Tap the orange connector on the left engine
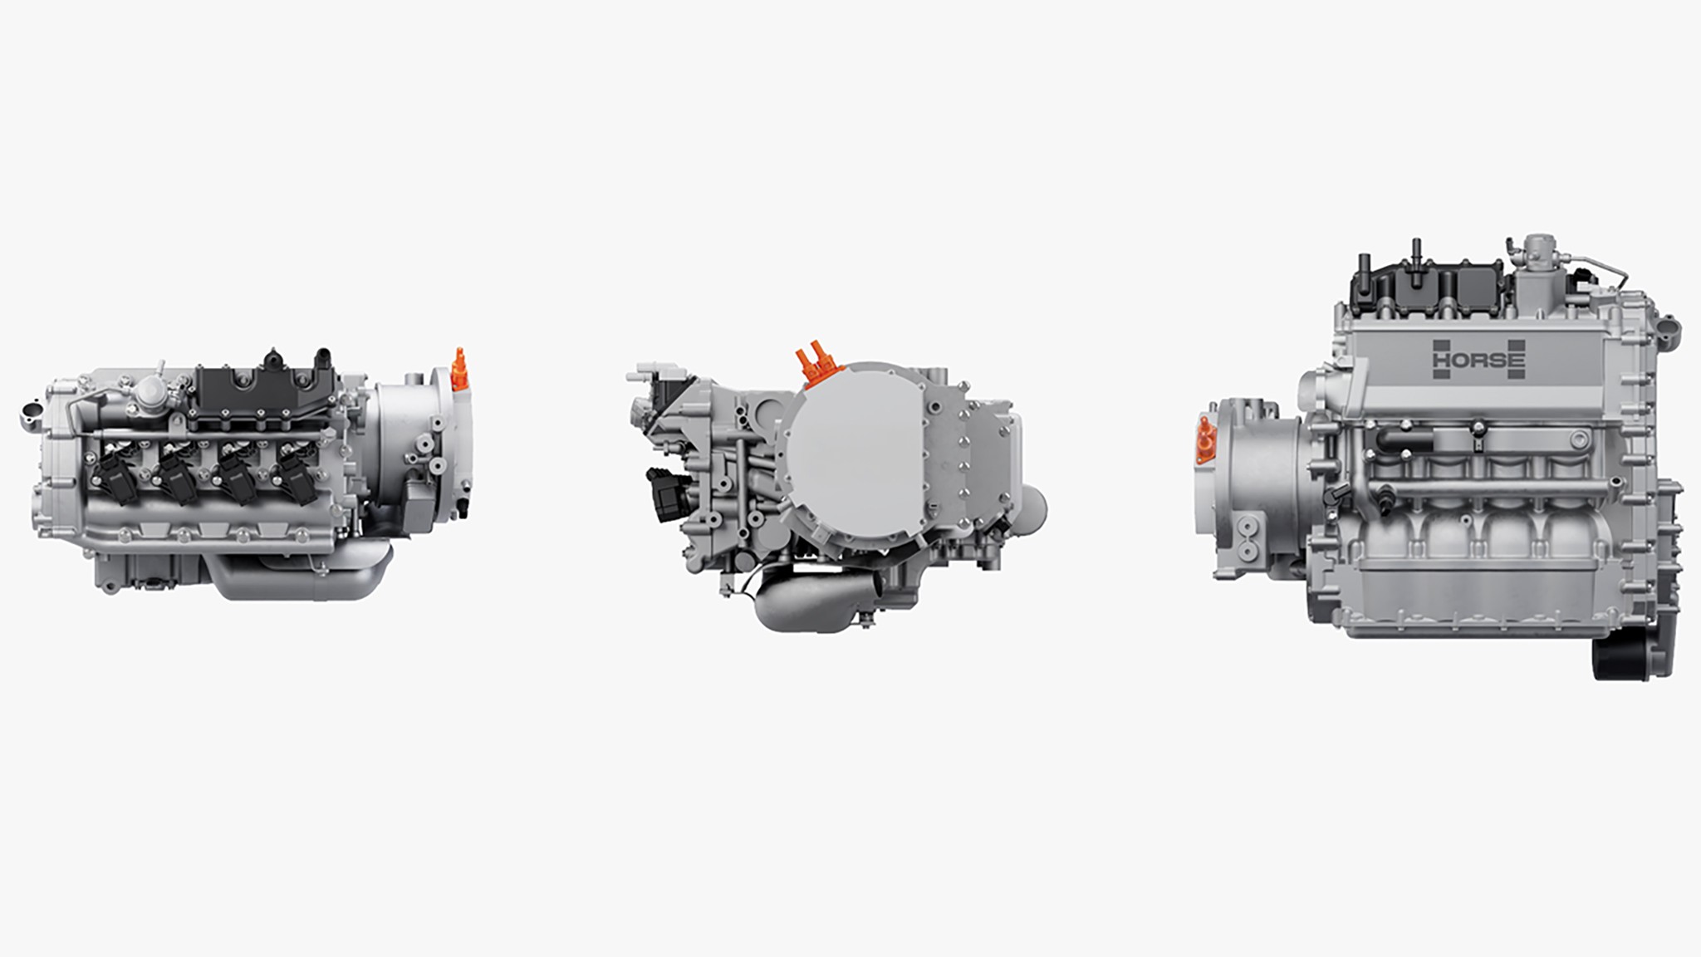point(459,370)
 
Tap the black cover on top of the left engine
point(266,390)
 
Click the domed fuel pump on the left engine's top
point(150,390)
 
